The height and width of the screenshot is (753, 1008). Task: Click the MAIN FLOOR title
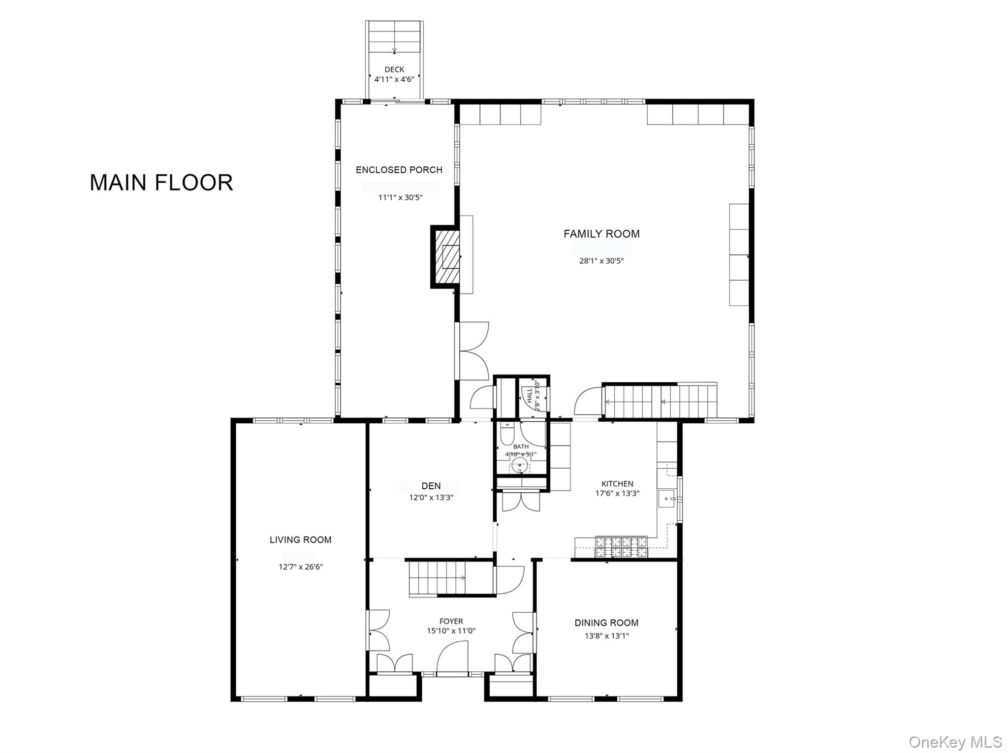161,183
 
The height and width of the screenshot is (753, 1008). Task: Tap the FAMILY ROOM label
601,234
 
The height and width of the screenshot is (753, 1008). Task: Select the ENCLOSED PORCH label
399,170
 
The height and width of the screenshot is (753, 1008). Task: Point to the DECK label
394,70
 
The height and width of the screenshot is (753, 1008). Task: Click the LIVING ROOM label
300,540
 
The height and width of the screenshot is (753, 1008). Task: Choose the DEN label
431,486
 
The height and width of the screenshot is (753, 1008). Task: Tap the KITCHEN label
617,484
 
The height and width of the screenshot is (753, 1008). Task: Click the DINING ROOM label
606,623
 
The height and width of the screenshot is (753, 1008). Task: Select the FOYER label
451,622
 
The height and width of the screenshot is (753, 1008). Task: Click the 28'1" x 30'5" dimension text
601,261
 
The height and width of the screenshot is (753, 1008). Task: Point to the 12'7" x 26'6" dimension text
300,567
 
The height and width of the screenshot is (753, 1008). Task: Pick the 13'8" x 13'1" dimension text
606,636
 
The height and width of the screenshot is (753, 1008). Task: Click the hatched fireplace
446,257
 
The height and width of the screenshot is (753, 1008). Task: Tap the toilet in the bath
506,434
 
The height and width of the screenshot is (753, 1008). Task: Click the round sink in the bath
520,465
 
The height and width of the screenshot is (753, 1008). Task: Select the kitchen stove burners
622,547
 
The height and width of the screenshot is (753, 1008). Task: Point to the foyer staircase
438,578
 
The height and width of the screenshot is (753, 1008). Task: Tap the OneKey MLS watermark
955,742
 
